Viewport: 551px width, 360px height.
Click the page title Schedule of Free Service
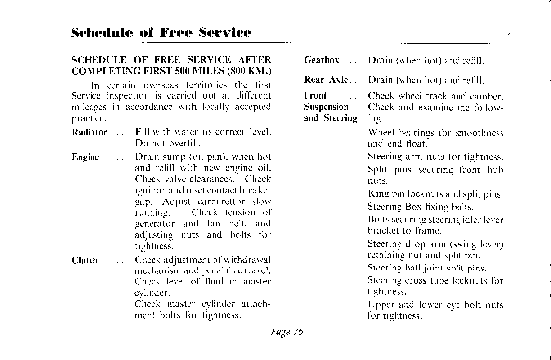pos(161,33)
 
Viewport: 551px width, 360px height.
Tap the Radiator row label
pos(90,133)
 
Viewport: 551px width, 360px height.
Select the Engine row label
pos(85,157)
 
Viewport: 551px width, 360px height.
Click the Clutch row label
pos(85,261)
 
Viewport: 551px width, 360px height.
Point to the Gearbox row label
pos(322,60)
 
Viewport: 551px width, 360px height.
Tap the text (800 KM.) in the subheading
pos(249,71)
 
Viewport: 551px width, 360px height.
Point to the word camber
pos(486,96)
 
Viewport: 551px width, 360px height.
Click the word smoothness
pos(479,133)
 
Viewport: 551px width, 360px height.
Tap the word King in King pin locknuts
pos(378,195)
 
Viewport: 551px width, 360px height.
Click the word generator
pos(155,224)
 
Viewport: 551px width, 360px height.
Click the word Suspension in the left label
pos(326,107)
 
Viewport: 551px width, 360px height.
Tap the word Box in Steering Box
pos(413,207)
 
